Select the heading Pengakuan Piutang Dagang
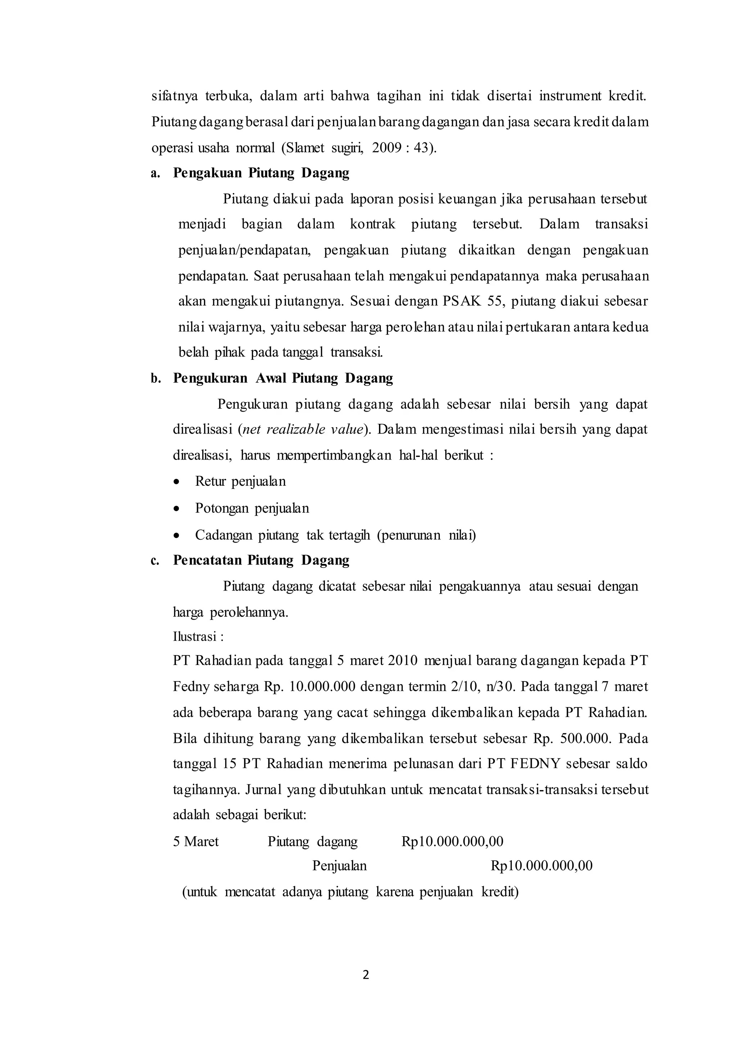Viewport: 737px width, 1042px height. [x=261, y=173]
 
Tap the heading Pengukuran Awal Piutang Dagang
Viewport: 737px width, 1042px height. [x=283, y=378]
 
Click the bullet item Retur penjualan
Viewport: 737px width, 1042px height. [x=240, y=481]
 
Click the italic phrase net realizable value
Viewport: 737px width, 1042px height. [x=303, y=429]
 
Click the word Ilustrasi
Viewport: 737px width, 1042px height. [x=195, y=637]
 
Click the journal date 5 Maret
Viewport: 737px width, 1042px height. [x=196, y=841]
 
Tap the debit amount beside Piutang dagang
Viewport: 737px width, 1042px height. [x=452, y=841]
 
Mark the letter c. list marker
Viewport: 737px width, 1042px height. [x=155, y=561]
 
